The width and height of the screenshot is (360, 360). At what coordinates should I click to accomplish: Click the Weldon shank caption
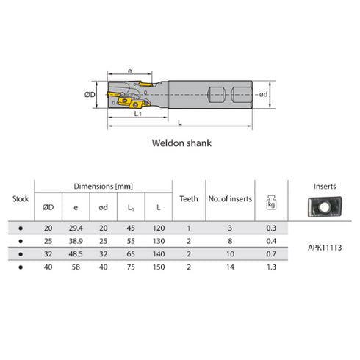click(180, 143)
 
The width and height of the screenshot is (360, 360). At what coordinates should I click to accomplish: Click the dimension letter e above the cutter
click(130, 71)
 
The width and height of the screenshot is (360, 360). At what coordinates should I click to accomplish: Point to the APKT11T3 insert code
click(323, 248)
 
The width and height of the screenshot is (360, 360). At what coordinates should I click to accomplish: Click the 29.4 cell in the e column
click(76, 228)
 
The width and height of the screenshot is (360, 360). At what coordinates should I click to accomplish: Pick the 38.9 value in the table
click(76, 242)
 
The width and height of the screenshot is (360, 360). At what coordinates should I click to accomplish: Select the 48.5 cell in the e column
click(76, 254)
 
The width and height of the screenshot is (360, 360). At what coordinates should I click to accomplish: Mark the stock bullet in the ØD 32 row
click(21, 254)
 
